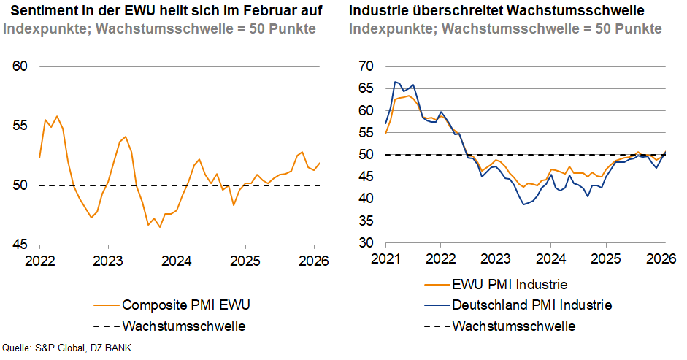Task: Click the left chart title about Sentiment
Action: tap(166, 11)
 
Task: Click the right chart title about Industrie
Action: tap(496, 11)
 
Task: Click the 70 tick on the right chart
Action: tap(365, 66)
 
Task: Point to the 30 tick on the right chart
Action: tap(365, 243)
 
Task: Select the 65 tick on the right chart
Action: tap(365, 89)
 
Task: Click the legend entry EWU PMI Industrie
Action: tap(510, 284)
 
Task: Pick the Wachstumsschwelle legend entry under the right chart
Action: tap(514, 326)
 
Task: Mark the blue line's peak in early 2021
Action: tap(394, 82)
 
